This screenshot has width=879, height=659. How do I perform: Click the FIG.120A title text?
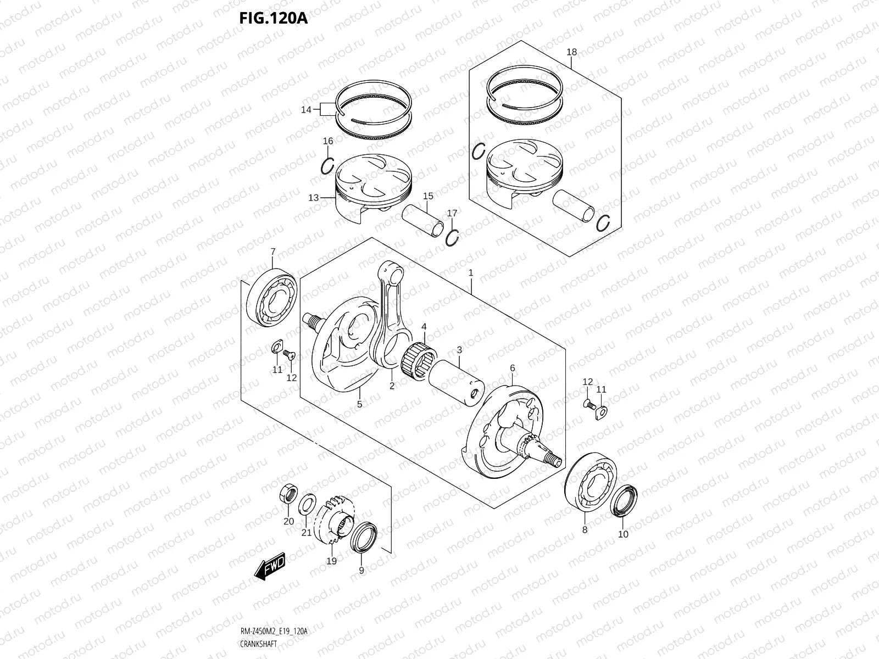[x=273, y=18]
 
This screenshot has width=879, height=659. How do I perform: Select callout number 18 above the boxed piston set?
[x=571, y=52]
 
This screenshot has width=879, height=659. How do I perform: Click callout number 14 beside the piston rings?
[x=306, y=110]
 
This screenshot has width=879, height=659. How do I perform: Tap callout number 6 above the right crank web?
[x=511, y=367]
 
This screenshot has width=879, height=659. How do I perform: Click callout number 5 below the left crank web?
[x=359, y=404]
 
